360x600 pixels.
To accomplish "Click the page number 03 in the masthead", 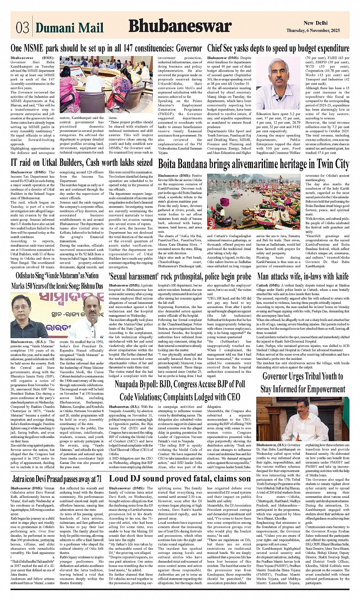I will (x=22, y=28).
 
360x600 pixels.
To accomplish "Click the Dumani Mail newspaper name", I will (x=69, y=28).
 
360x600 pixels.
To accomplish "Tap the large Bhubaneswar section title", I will (x=180, y=26).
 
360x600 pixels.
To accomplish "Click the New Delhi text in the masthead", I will (x=315, y=23).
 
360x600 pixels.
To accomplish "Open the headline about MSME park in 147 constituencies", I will (x=106, y=48).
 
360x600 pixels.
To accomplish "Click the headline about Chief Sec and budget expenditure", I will (x=278, y=48).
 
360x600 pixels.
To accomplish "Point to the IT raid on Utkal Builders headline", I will (x=82, y=163).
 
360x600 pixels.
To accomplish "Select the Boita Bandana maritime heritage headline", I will (x=253, y=164).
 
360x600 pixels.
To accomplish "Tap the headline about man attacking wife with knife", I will (x=303, y=276).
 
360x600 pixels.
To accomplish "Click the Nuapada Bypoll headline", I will (x=180, y=390).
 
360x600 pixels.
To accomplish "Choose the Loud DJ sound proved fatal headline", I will (x=180, y=479).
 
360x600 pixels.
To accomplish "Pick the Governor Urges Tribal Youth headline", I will (x=303, y=383).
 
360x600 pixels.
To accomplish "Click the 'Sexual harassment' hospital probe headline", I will (x=180, y=276).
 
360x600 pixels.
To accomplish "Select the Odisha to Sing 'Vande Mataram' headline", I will (x=57, y=280).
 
